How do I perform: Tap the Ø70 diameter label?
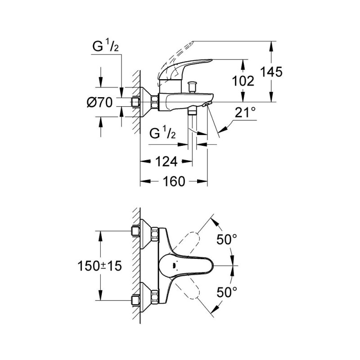point(99,103)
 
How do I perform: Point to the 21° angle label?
point(245,113)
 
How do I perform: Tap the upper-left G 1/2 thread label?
point(106,46)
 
